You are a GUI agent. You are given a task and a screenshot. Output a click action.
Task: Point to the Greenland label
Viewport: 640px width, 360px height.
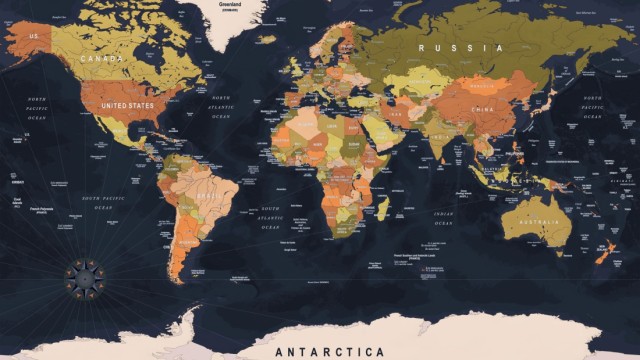click(x=229, y=5)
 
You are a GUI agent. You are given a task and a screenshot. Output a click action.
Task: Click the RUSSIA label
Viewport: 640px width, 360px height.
click(x=460, y=47)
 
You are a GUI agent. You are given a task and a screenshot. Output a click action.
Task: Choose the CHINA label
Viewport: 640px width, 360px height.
click(x=482, y=108)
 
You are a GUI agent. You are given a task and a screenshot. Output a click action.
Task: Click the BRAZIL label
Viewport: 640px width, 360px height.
click(x=209, y=197)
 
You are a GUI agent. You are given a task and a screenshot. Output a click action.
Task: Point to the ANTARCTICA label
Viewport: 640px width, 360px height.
click(x=330, y=351)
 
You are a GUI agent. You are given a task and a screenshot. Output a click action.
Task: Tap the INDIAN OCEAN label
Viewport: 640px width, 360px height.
click(x=443, y=216)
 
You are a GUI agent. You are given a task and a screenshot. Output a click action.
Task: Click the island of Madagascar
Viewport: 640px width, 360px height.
click(x=382, y=208)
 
